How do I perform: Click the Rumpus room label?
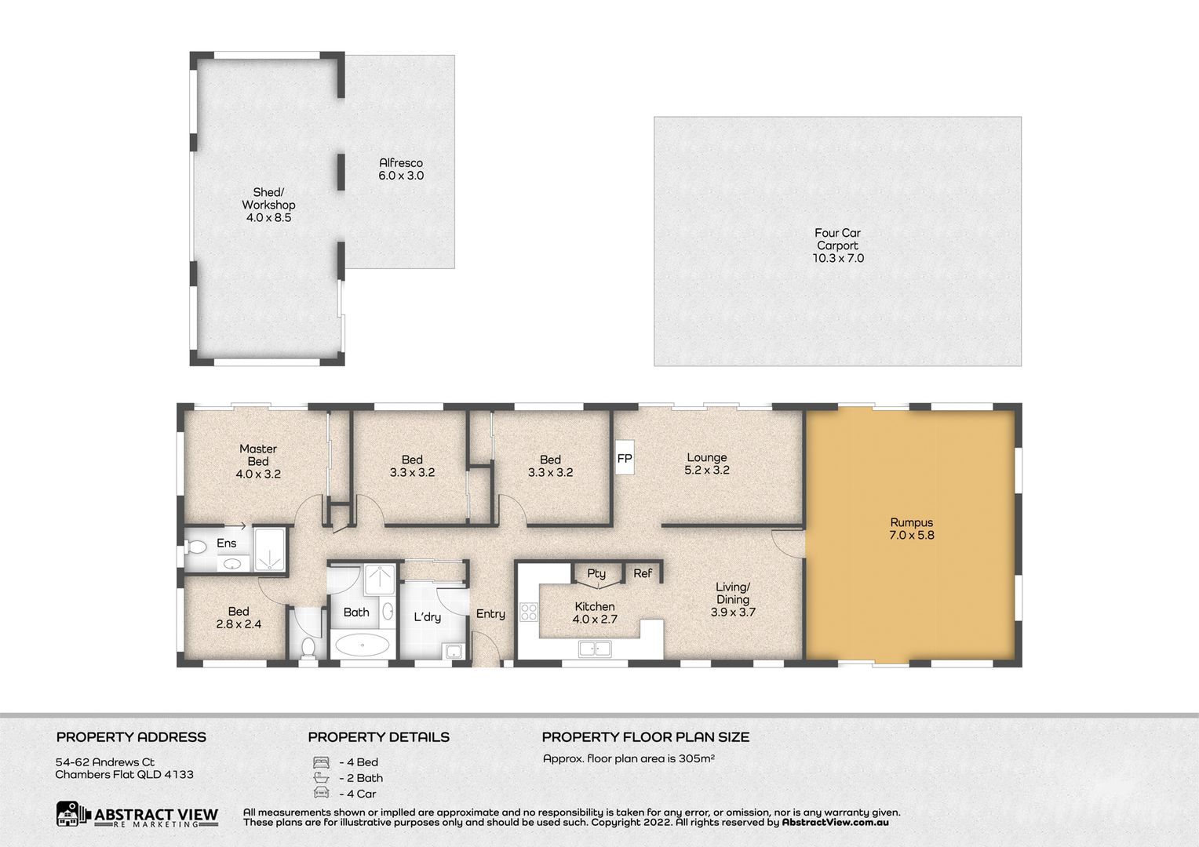click(912, 522)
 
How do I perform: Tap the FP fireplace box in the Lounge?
click(625, 457)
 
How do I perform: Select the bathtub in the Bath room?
click(363, 645)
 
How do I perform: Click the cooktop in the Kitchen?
click(529, 612)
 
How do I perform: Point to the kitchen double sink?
click(595, 649)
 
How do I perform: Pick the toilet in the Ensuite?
click(195, 547)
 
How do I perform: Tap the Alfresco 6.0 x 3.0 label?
click(401, 169)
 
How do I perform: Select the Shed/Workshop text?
click(268, 198)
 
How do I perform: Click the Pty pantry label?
click(596, 573)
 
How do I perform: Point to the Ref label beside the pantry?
click(643, 573)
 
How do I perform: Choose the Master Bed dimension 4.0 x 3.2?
click(258, 474)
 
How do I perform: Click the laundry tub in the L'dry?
click(454, 651)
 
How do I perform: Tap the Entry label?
click(490, 614)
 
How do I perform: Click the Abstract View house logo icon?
click(67, 814)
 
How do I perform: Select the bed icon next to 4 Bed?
click(321, 762)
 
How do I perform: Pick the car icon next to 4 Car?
click(321, 793)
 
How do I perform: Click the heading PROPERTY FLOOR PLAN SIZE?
click(646, 736)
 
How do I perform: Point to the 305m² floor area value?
click(697, 758)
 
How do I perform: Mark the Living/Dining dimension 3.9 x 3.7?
click(733, 612)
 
